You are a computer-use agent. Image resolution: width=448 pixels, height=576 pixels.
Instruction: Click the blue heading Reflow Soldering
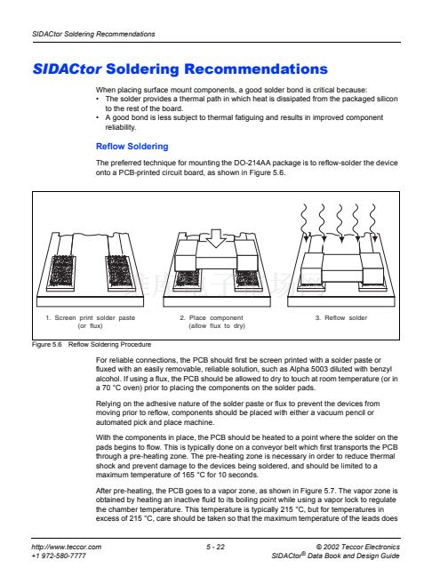pyautogui.click(x=132, y=147)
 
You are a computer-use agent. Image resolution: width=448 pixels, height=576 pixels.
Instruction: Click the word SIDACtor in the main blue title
pyautogui.click(x=67, y=69)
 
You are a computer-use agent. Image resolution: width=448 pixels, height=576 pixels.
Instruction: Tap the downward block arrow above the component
pyautogui.click(x=216, y=238)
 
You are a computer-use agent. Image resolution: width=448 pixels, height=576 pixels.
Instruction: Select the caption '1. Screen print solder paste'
pyautogui.click(x=91, y=317)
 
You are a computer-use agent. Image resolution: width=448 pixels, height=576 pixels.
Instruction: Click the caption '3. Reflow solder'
pyautogui.click(x=341, y=317)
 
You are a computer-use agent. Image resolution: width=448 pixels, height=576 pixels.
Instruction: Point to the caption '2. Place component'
pyautogui.click(x=212, y=317)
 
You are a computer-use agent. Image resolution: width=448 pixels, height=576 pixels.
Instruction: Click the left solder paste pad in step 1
pyautogui.click(x=61, y=272)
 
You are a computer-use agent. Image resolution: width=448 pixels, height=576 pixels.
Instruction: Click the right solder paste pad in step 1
pyautogui.click(x=118, y=272)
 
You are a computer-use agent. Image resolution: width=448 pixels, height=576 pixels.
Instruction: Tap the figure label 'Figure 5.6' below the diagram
pyautogui.click(x=46, y=345)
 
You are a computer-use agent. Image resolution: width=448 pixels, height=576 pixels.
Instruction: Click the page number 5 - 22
pyautogui.click(x=215, y=547)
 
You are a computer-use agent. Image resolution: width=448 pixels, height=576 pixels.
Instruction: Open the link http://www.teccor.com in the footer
pyautogui.click(x=66, y=547)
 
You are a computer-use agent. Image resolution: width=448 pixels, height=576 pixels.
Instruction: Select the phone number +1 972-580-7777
pyautogui.click(x=59, y=556)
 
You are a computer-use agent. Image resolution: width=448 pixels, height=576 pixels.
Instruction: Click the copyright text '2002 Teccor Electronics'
pyautogui.click(x=362, y=547)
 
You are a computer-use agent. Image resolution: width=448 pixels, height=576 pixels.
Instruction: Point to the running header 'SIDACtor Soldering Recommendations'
pyautogui.click(x=93, y=34)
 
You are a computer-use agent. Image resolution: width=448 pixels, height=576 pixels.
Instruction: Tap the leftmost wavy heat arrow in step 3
pyautogui.click(x=304, y=222)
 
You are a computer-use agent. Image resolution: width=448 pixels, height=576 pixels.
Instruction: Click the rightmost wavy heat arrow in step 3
pyautogui.click(x=373, y=222)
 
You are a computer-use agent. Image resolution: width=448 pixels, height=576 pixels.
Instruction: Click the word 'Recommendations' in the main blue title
pyautogui.click(x=256, y=69)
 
